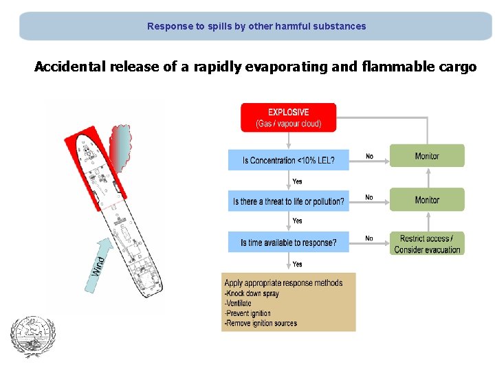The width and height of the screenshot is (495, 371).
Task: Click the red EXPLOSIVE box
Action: (288, 117)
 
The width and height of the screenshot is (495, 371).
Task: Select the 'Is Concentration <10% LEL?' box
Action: (289, 160)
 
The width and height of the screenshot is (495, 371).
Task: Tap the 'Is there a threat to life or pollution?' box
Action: (289, 201)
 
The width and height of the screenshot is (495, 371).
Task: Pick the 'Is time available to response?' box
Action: (289, 243)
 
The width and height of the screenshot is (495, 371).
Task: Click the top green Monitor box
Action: (427, 156)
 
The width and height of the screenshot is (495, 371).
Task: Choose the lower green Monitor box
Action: (427, 200)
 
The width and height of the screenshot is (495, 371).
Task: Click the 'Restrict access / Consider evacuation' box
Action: (427, 243)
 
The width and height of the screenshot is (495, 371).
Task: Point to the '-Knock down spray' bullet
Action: (252, 293)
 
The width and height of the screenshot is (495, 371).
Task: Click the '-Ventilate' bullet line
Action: (239, 303)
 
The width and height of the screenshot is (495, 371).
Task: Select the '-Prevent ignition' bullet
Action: (248, 313)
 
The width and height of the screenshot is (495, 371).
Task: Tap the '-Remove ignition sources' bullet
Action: (260, 323)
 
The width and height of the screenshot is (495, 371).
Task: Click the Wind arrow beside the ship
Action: (100, 262)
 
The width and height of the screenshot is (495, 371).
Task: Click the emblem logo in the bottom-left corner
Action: (27, 336)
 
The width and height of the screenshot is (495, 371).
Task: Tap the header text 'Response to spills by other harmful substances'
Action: (256, 26)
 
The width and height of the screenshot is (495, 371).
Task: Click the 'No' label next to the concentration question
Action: (369, 157)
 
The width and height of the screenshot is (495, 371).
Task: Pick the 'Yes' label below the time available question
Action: (297, 264)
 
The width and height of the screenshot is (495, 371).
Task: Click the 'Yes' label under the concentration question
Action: (297, 181)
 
